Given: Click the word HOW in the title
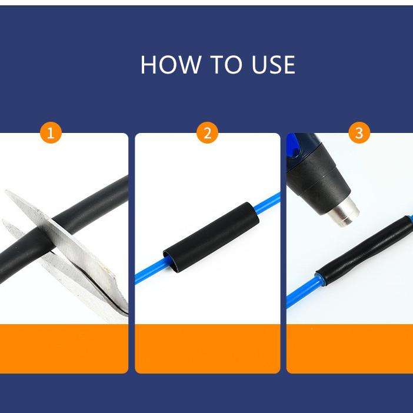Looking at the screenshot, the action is pos(171,65).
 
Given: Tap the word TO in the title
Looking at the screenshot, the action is pos(227,65).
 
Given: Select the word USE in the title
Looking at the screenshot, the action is pos(274,65).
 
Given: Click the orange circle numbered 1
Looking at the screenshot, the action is pos(51,132).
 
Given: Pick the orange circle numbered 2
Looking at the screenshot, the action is pos(207,132).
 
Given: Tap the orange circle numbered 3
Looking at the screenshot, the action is pos(359,132).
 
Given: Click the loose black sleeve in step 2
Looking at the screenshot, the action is pos(211,237).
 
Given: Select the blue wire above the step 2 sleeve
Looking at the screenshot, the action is pos(267,203).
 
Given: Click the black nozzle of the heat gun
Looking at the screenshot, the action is pos(319,179).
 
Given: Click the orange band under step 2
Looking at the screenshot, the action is pos(207,348).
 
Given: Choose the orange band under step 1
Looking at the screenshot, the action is pos(64,348).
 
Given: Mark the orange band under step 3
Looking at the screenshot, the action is pos(350,348).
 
